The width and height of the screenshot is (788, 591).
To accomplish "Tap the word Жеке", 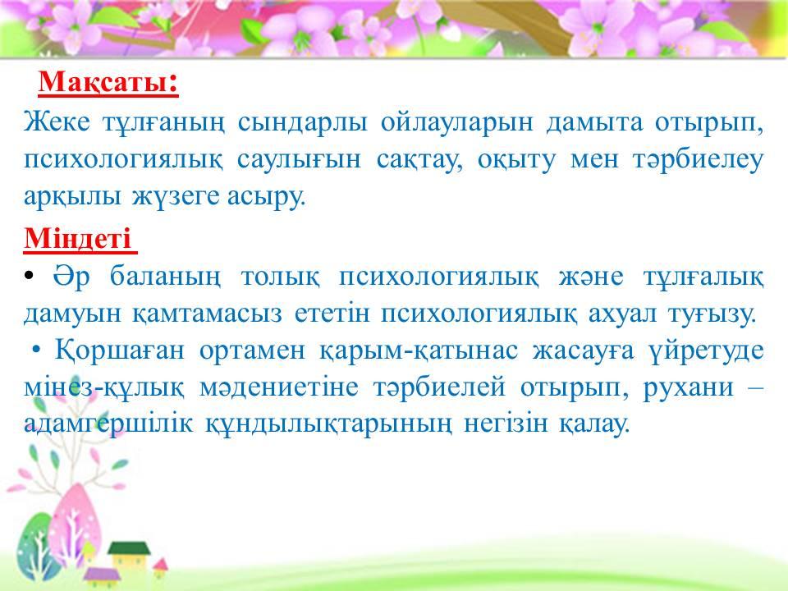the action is (57, 122).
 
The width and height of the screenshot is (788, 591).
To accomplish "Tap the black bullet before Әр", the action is (29, 276).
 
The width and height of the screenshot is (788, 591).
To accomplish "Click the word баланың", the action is (165, 277).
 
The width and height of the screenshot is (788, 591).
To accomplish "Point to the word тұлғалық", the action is (703, 277).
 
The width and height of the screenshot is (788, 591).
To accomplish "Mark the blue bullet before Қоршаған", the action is (35, 350).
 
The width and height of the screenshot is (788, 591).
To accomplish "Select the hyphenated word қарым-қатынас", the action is (419, 350).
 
